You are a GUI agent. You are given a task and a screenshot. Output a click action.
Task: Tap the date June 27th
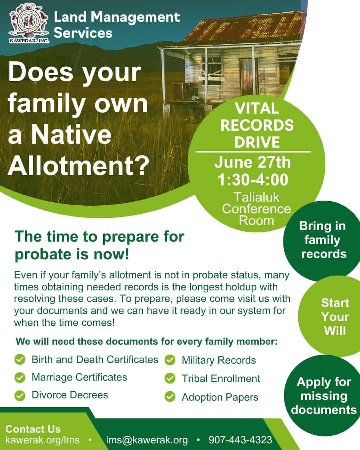252,162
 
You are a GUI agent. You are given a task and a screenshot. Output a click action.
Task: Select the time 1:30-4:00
253,180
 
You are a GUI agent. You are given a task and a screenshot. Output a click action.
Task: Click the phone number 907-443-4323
240,440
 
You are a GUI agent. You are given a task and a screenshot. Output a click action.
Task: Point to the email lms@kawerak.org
147,440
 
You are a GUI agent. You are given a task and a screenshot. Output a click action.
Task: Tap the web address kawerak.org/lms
42,440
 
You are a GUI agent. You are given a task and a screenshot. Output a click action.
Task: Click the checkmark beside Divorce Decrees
20,396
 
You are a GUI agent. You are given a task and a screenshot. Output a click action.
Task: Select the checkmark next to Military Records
170,360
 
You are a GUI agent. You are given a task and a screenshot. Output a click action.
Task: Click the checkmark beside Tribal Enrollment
170,378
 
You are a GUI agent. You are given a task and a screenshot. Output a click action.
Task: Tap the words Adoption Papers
220,397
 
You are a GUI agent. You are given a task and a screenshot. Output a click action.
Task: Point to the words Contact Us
33,429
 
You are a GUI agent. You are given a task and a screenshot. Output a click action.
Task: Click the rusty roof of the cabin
243,28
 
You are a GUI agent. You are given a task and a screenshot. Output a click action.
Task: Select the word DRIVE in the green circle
257,142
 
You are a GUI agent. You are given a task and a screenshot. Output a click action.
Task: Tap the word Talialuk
256,197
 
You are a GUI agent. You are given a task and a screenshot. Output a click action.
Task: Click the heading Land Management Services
117,25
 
